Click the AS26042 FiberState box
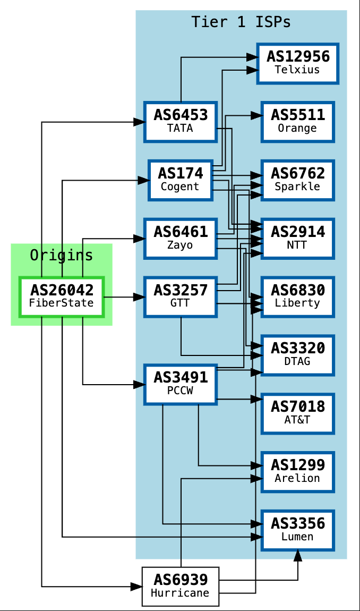[x=62, y=296]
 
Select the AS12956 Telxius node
[x=297, y=63]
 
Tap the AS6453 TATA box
[x=180, y=122]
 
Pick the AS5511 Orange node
[x=297, y=122]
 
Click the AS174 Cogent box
[x=180, y=180]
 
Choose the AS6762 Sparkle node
[x=297, y=180]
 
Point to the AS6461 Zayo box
[x=180, y=238]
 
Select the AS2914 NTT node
[x=297, y=238]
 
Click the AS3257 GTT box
[x=180, y=296]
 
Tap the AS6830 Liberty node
[x=297, y=296]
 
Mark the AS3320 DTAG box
[x=297, y=355]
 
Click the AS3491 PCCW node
[x=180, y=384]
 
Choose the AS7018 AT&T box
[x=297, y=413]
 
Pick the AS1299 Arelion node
[x=297, y=471]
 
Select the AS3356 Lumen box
[x=297, y=530]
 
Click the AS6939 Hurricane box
[x=180, y=587]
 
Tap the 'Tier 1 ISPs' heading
[x=241, y=22]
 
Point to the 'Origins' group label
[x=62, y=256]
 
